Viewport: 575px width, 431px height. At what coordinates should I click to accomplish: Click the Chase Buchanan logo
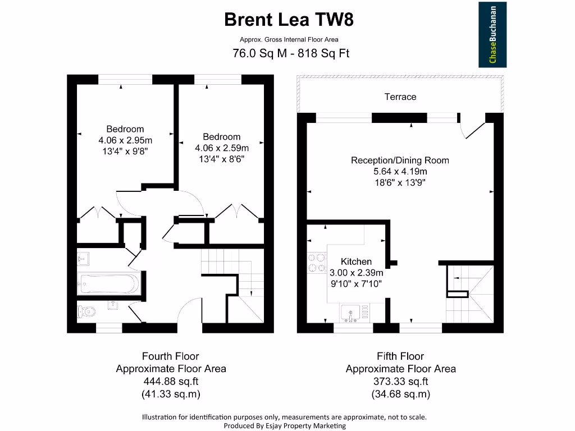(492, 34)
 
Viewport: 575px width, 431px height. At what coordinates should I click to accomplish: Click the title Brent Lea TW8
(289, 20)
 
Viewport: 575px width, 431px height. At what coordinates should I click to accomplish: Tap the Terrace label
(400, 97)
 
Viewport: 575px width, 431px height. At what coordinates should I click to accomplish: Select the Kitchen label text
(356, 262)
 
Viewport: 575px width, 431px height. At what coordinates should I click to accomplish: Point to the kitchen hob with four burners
(316, 263)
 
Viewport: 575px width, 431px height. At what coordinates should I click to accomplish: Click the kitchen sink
(350, 312)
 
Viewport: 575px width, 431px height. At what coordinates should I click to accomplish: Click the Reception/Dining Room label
(400, 160)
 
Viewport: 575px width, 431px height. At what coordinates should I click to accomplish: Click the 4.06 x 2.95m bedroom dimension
(125, 140)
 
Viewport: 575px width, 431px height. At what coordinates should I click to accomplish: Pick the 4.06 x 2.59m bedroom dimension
(221, 148)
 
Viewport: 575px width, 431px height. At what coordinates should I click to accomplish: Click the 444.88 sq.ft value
(171, 381)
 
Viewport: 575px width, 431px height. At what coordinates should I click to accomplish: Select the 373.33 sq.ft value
(400, 381)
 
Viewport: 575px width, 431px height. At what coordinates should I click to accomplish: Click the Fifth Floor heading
(400, 356)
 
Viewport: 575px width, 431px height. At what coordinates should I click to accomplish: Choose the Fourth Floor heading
(171, 356)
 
